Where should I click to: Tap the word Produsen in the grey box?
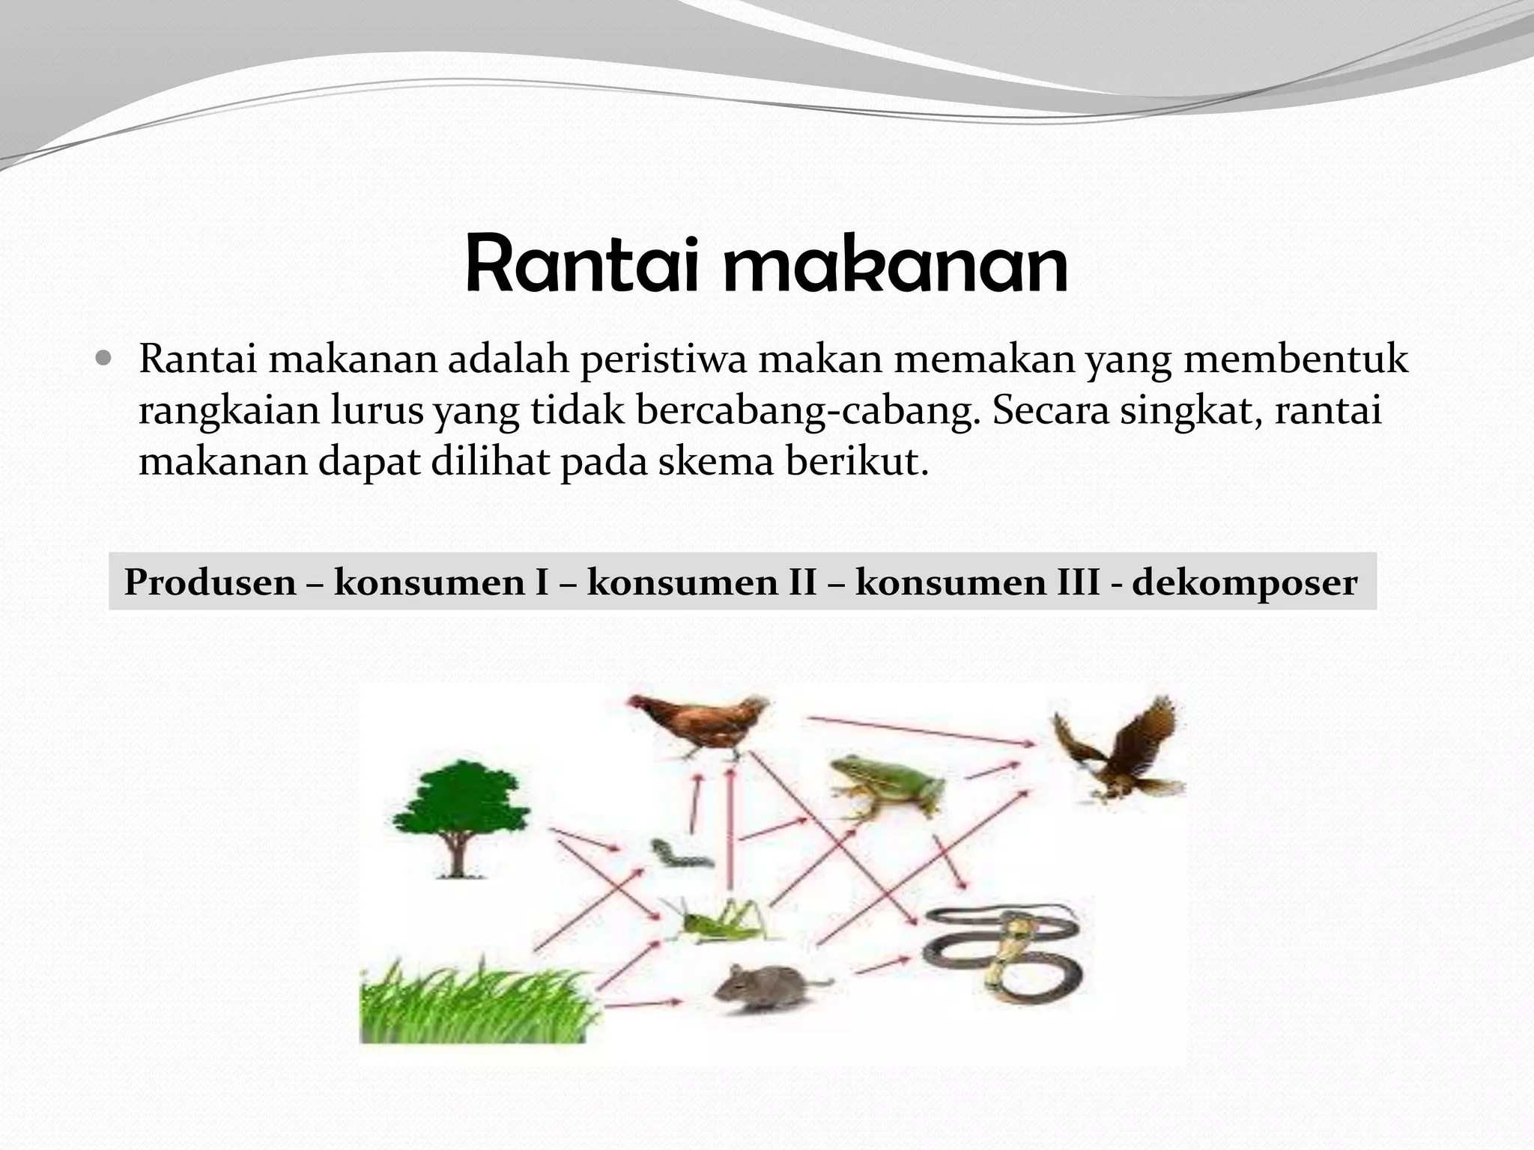210,582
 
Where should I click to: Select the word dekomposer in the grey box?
1244,582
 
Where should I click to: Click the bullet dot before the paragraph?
104,359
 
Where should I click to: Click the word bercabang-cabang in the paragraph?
808,410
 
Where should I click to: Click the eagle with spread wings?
1120,749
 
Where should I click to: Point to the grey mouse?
764,987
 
